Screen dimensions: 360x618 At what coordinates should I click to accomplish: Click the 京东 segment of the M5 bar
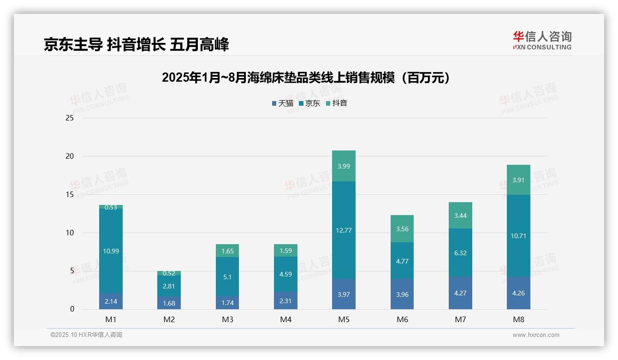pos(344,230)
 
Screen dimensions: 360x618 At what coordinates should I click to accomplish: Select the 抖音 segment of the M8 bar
pos(518,180)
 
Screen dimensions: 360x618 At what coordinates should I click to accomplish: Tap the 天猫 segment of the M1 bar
pos(111,301)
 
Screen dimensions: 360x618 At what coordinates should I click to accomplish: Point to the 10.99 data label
pos(111,251)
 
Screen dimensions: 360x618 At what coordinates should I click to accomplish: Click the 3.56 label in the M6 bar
pos(402,229)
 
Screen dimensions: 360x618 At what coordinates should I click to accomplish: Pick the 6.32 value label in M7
pos(460,253)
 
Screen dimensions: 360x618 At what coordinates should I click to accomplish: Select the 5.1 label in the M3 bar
pos(227,277)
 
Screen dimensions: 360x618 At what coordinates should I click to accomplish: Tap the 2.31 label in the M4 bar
pos(285,300)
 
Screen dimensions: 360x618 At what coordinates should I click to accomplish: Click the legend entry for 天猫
pos(282,103)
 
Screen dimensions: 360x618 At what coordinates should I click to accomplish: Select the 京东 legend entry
pos(309,103)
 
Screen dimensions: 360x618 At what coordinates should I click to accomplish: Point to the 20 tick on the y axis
pos(70,156)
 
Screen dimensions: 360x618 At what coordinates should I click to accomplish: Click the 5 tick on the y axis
pos(71,271)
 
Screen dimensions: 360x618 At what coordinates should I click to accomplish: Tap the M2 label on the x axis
pos(169,319)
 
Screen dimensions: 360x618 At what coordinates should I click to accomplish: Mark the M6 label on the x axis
pos(402,319)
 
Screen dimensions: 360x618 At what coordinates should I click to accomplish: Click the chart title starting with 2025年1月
pos(306,78)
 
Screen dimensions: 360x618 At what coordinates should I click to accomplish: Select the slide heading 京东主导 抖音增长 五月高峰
pos(137,45)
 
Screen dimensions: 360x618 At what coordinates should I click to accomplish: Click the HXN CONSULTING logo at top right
pos(542,41)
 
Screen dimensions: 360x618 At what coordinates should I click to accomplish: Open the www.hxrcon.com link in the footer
pos(535,335)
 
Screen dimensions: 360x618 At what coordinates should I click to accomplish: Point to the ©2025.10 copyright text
pos(86,335)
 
